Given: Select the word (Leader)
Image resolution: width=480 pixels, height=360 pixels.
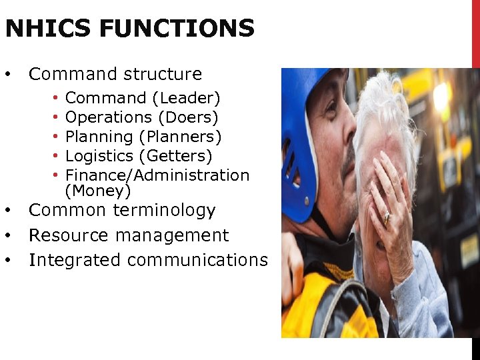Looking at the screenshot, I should tap(186, 99).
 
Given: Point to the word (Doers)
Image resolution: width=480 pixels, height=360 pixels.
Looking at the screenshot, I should tap(188, 118).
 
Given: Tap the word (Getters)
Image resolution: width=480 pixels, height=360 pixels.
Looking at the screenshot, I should tap(175, 156).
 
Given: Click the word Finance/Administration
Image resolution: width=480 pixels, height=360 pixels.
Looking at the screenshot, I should tap(157, 175).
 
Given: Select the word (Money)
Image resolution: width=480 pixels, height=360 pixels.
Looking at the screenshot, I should tap(98, 191).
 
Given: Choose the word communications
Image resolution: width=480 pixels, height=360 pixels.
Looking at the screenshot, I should tap(197, 260).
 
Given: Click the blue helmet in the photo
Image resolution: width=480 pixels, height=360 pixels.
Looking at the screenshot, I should tap(301, 133).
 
